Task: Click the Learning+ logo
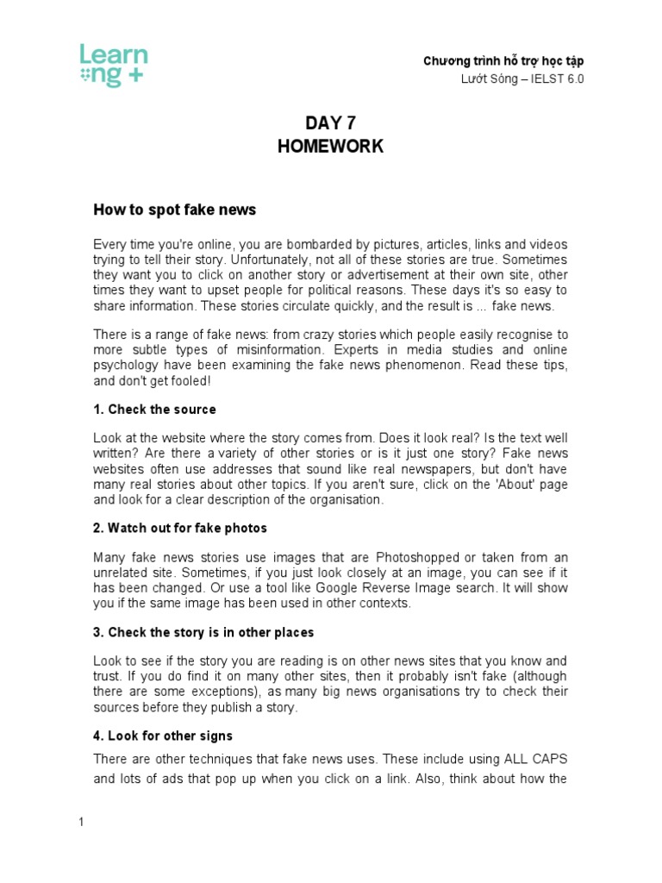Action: [113, 66]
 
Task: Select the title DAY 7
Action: [330, 123]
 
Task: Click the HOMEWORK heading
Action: [330, 147]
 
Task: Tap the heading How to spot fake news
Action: [174, 210]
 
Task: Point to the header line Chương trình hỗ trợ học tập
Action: [503, 61]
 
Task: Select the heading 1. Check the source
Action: [154, 409]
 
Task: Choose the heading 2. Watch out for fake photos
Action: [180, 528]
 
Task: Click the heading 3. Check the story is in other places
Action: [203, 632]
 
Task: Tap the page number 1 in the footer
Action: [81, 822]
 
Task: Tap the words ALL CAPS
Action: [534, 759]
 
